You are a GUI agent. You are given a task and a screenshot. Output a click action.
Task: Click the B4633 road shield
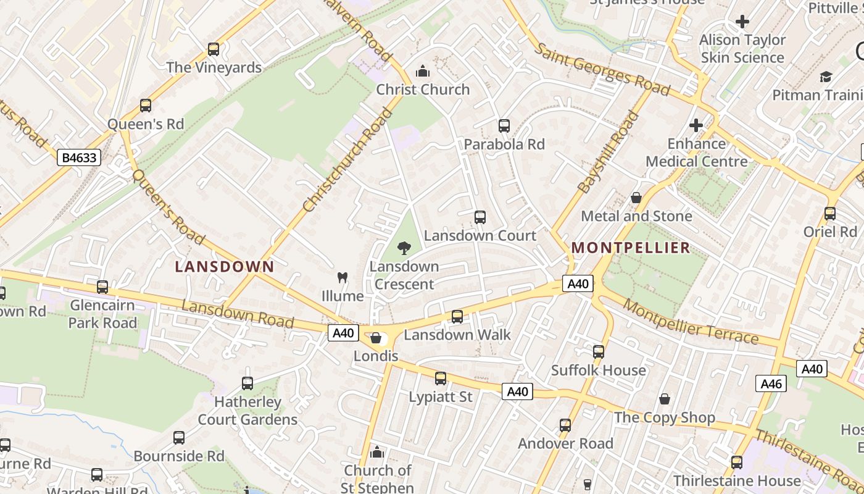(x=78, y=157)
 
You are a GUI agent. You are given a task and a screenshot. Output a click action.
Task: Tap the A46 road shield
(x=771, y=383)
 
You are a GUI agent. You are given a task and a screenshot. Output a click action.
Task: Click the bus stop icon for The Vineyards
(x=214, y=49)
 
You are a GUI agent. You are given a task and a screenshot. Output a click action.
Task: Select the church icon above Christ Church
(x=423, y=72)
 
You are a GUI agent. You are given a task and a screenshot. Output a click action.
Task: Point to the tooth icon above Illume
(x=343, y=278)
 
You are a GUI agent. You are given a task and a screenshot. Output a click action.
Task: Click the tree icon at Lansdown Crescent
(x=404, y=248)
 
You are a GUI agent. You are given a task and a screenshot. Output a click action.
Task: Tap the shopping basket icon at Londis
(x=375, y=338)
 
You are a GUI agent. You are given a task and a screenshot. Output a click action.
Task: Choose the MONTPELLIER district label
(x=630, y=248)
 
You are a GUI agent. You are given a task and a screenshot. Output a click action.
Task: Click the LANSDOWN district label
(x=224, y=267)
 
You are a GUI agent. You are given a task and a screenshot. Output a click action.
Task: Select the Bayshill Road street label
(x=608, y=152)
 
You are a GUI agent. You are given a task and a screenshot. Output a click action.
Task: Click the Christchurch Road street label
(x=348, y=160)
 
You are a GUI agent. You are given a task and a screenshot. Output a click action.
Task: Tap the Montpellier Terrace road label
(x=691, y=322)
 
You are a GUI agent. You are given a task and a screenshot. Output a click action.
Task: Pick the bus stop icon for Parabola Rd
(x=504, y=126)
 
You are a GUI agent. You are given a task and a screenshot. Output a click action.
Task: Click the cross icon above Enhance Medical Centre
(x=696, y=125)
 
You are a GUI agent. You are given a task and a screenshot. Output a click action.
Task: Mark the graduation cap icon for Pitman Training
(x=826, y=77)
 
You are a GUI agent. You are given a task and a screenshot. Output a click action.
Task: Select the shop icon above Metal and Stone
(x=636, y=198)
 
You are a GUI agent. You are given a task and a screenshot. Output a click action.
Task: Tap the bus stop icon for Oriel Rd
(x=830, y=214)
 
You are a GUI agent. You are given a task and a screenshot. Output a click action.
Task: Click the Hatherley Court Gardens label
(x=247, y=411)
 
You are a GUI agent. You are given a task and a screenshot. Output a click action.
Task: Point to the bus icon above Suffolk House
(x=598, y=352)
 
